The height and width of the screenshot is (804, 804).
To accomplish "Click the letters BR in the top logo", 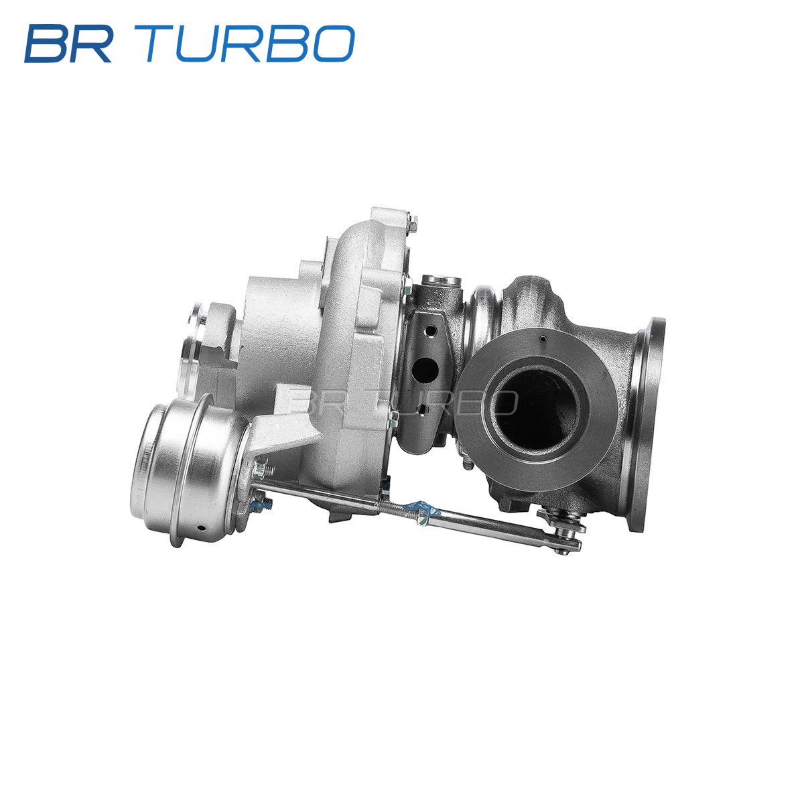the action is click(68, 44).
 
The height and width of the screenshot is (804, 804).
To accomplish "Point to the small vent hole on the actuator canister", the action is click(201, 528).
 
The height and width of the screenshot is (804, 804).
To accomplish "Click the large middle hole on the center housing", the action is click(424, 370).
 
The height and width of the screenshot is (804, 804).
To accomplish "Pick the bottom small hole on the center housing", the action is click(422, 410).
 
